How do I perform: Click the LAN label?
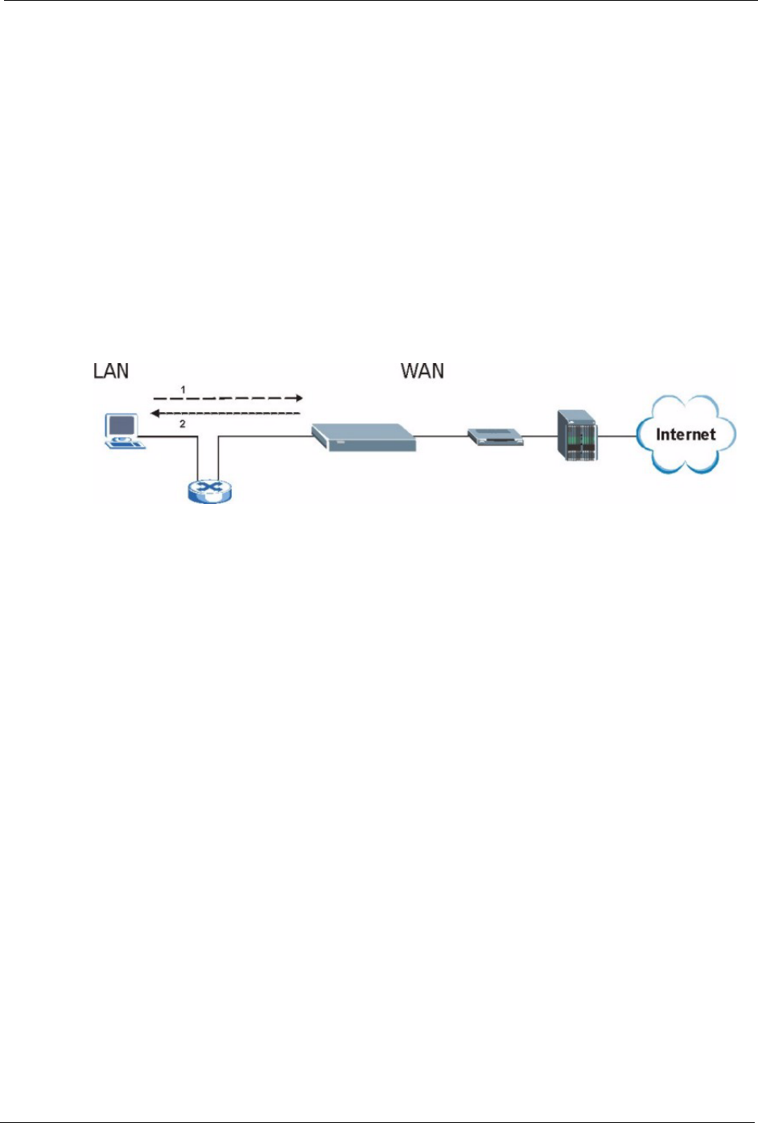(111, 370)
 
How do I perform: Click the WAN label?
(422, 370)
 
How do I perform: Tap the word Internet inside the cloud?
(686, 435)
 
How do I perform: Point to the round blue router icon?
(208, 489)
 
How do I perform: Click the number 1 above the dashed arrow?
(183, 390)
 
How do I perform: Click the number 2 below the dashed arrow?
(183, 423)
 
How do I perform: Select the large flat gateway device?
(364, 437)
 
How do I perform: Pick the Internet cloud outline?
(686, 403)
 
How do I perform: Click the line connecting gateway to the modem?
(442, 437)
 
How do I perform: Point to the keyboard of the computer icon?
(129, 444)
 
